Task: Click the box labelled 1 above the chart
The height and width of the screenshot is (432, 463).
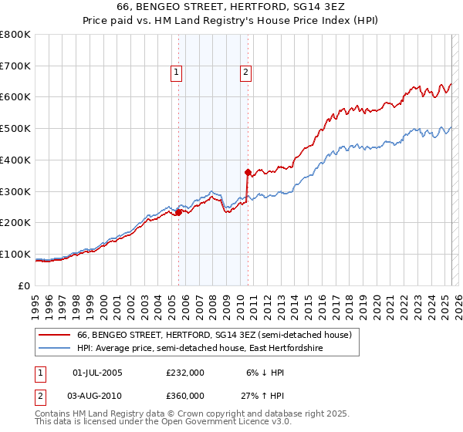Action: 177,73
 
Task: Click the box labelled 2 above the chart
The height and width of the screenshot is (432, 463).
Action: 245,73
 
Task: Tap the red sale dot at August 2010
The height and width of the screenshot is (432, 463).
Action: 248,172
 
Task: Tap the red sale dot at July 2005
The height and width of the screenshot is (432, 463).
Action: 178,212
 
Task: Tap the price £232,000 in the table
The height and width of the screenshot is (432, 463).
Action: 185,373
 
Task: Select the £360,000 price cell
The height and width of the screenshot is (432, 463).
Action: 185,395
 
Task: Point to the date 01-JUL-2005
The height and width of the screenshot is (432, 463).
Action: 96,373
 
